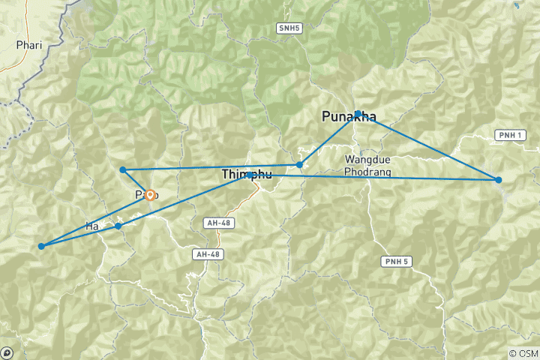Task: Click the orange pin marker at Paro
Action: [150, 195]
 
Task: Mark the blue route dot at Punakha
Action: [359, 114]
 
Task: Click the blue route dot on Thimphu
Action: [250, 175]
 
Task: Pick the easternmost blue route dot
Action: [498, 179]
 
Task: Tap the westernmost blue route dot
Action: [42, 245]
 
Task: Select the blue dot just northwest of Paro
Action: [122, 169]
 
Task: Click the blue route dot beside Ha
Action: [118, 226]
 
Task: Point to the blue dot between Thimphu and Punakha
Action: [299, 164]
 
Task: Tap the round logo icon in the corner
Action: [7, 352]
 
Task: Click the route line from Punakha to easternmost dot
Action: [427, 146]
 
